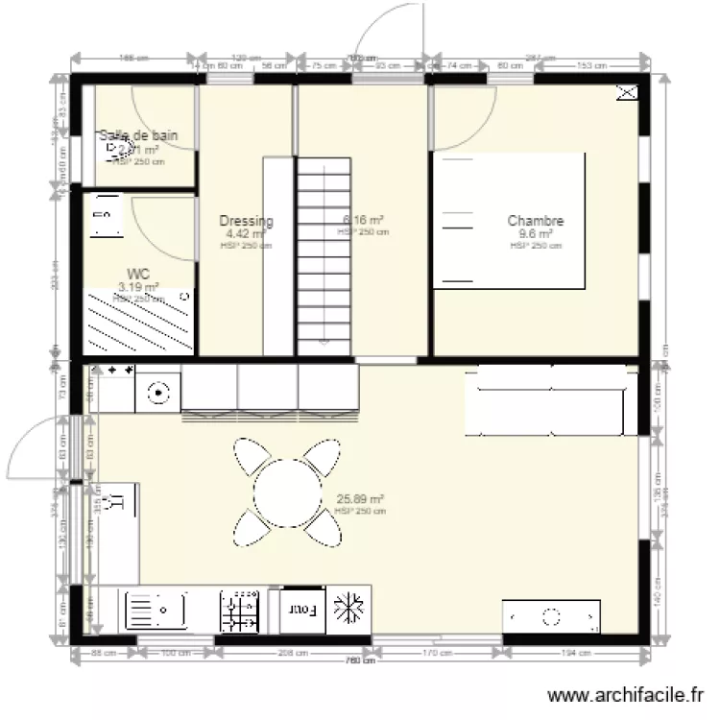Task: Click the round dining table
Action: pyautogui.click(x=287, y=488)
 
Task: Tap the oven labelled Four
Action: pyautogui.click(x=301, y=609)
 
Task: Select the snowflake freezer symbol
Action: pyautogui.click(x=347, y=609)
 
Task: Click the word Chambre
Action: pyautogui.click(x=536, y=221)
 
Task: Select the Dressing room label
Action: pyautogui.click(x=246, y=221)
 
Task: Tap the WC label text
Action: pyautogui.click(x=137, y=274)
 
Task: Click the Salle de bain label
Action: pyautogui.click(x=139, y=136)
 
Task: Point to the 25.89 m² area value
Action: pyautogui.click(x=360, y=499)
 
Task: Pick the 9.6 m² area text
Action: pyautogui.click(x=536, y=233)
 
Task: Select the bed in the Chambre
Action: pyautogui.click(x=509, y=221)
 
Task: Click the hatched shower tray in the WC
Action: pyautogui.click(x=139, y=323)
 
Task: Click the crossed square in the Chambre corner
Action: pyautogui.click(x=626, y=92)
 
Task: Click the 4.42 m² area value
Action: pyautogui.click(x=246, y=233)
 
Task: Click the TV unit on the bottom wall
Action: pyautogui.click(x=552, y=615)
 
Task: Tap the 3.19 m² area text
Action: pyautogui.click(x=137, y=286)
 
